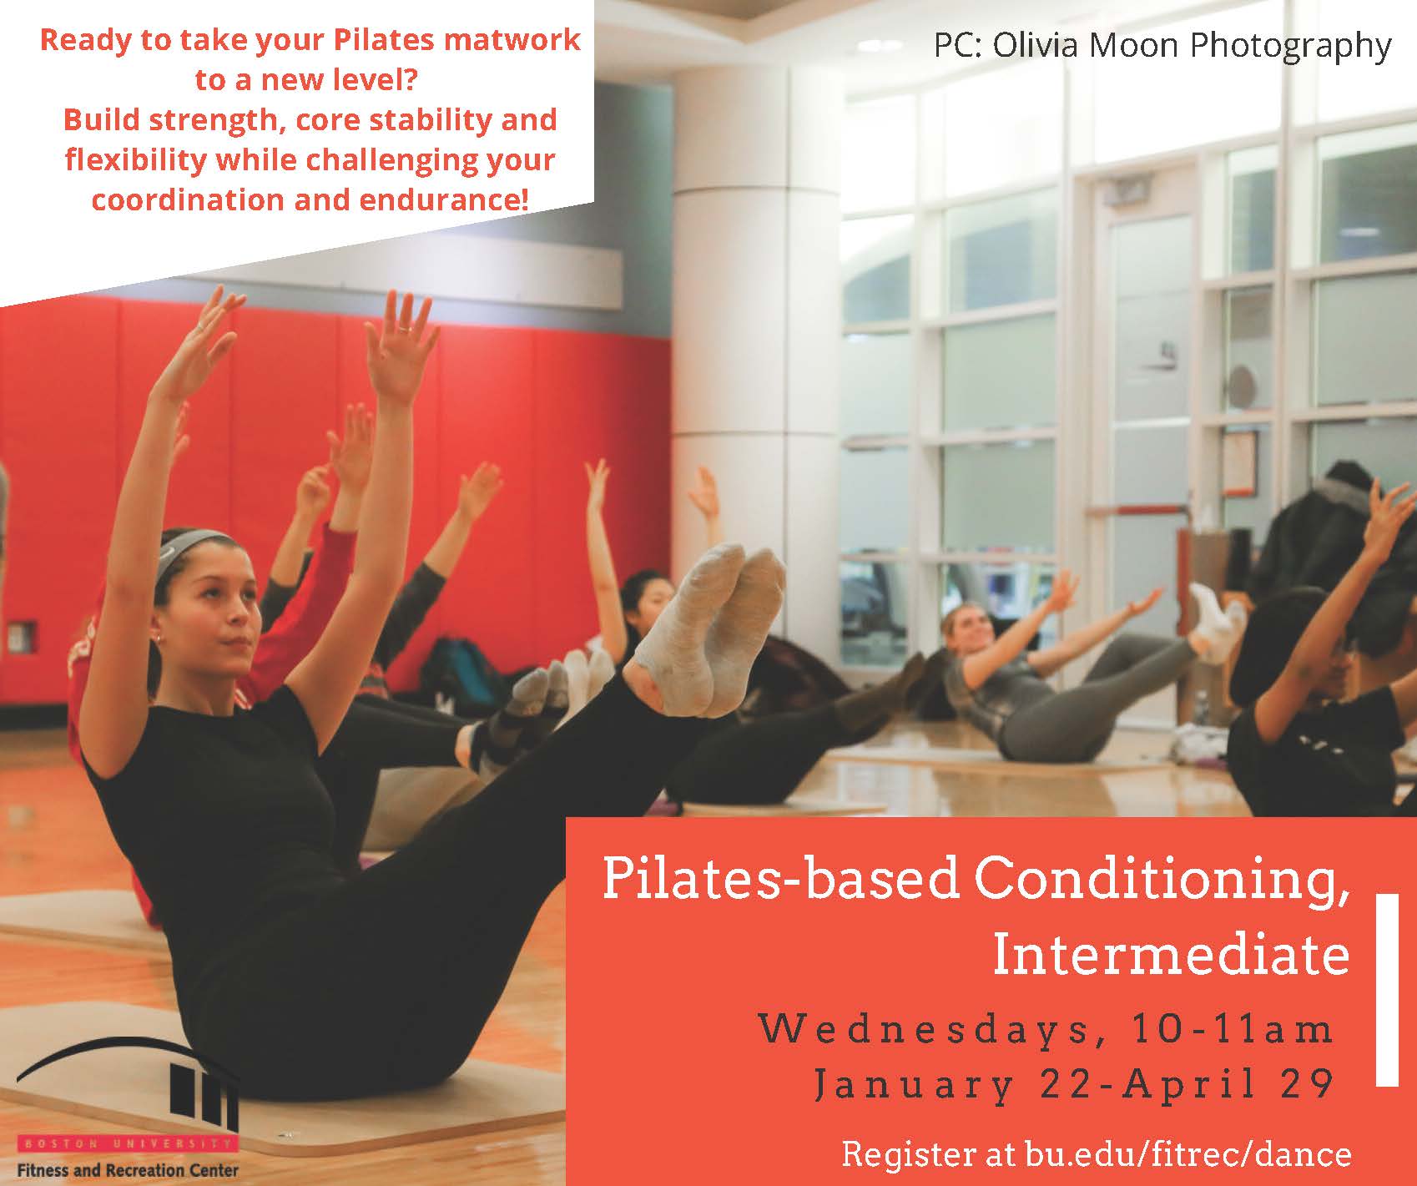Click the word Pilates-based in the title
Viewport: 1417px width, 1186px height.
(780, 880)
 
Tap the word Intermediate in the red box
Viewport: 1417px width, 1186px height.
(1171, 956)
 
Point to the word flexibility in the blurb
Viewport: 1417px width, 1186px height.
(136, 160)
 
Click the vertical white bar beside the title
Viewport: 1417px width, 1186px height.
(1387, 989)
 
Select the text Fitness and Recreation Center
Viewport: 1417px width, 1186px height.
(128, 1170)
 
